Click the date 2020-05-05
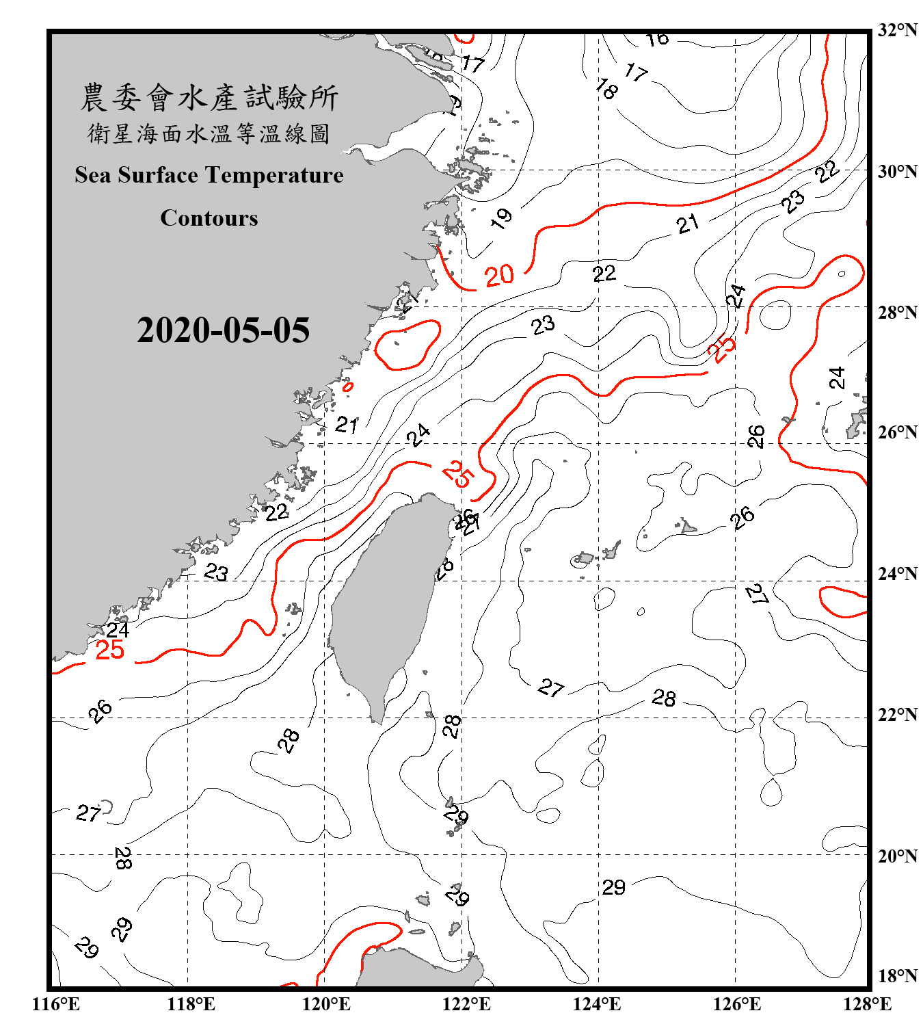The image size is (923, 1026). click(x=223, y=330)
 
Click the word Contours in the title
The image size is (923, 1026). click(x=209, y=218)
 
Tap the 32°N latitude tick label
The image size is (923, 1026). click(x=897, y=30)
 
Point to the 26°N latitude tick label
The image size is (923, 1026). click(x=897, y=432)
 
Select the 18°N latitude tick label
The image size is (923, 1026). click(x=897, y=975)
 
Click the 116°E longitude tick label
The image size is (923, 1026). click(x=56, y=1004)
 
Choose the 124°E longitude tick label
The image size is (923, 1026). click(x=597, y=1004)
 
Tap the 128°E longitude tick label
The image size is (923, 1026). click(x=867, y=1004)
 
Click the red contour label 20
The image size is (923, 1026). click(x=499, y=276)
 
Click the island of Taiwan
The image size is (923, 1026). click(x=386, y=602)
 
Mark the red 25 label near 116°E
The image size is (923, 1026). click(x=109, y=650)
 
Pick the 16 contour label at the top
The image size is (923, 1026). click(x=658, y=39)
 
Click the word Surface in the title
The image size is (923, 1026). click(x=158, y=175)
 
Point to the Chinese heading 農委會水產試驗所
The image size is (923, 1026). click(x=209, y=97)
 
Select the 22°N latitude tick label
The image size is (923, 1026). click(x=897, y=715)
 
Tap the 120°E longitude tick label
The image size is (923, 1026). click(x=326, y=1004)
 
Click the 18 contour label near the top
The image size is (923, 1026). click(x=606, y=88)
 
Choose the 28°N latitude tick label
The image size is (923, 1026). click(x=897, y=313)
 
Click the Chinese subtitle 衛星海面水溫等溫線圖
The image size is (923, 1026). click(x=209, y=134)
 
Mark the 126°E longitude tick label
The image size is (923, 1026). click(x=736, y=1004)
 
